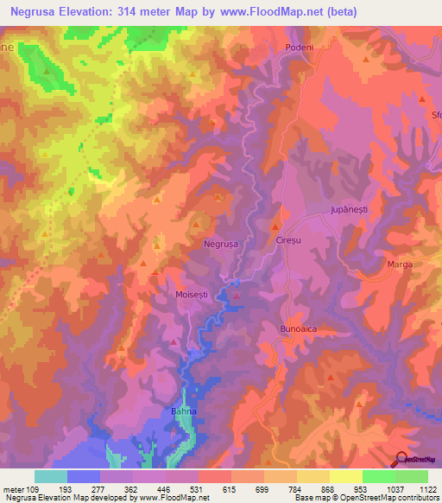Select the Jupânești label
tap(349, 210)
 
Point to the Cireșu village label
tap(287, 241)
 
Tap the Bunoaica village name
tap(294, 329)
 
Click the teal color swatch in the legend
tap(51, 476)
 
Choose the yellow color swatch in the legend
tap(345, 476)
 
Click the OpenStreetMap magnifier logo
tap(399, 458)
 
